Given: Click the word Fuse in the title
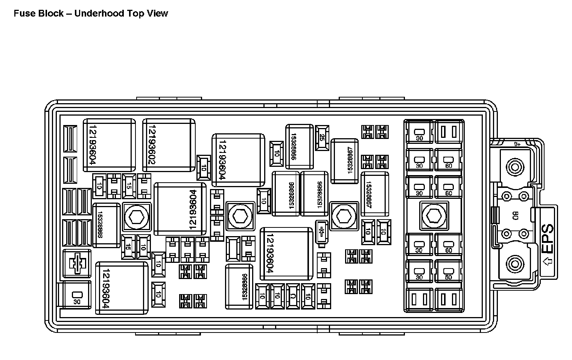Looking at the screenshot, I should tap(23, 14).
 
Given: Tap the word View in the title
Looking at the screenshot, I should tap(158, 14).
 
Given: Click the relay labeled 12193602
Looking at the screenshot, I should tap(169, 145).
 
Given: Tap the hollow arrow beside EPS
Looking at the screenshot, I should tap(548, 261).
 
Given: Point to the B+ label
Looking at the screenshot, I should tap(517, 144).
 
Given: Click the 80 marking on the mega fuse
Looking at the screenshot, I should tap(515, 216).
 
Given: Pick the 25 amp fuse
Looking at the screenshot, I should tap(322, 137).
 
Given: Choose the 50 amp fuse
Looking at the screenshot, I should tap(448, 271).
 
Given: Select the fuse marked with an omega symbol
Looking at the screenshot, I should tap(293, 296).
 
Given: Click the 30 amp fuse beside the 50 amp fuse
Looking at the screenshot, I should tap(419, 271).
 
